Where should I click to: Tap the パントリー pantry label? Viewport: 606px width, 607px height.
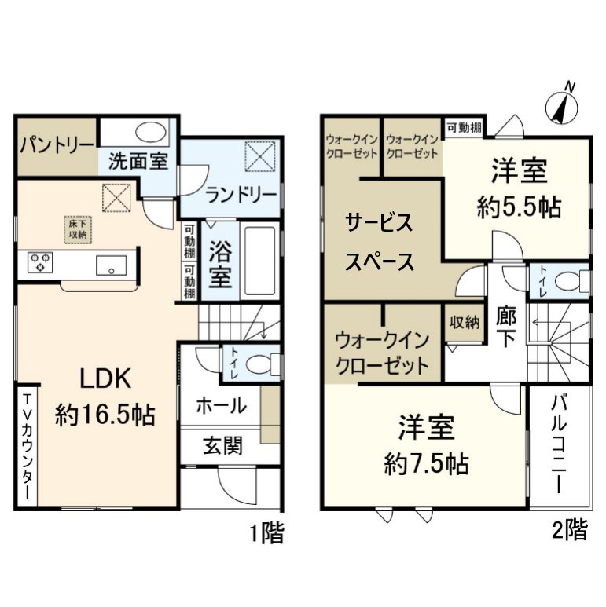tap(57, 145)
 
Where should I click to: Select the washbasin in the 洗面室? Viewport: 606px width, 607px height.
tap(151, 133)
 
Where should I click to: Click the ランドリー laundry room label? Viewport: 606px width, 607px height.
tap(241, 195)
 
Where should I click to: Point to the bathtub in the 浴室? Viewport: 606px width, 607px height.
tap(260, 261)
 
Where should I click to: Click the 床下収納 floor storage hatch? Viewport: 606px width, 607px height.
tap(78, 229)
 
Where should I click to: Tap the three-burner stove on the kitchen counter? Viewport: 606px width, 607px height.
tap(40, 261)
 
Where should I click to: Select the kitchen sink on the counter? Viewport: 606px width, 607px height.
tap(111, 265)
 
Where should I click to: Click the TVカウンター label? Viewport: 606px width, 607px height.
tap(28, 447)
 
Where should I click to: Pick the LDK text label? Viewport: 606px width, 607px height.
tap(105, 378)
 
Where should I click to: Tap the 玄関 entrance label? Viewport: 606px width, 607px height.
tap(222, 445)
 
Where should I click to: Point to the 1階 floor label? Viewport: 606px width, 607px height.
tap(266, 532)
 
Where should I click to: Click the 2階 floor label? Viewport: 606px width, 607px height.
tap(570, 529)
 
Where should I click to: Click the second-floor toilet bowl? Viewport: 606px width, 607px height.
tap(571, 281)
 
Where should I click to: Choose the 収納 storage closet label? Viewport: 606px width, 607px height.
tap(465, 322)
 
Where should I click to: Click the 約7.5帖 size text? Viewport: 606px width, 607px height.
tap(427, 464)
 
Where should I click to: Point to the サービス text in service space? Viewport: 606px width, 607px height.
tap(379, 223)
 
